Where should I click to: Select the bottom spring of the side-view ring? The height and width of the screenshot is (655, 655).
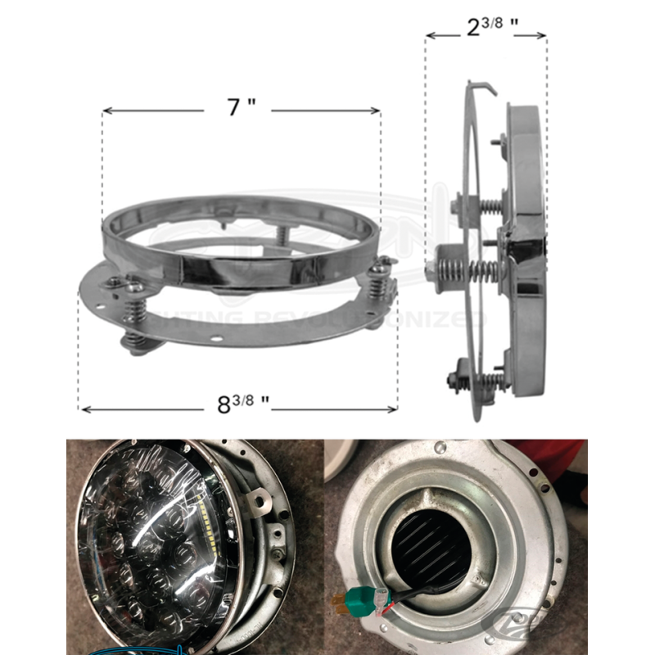(487, 378)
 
